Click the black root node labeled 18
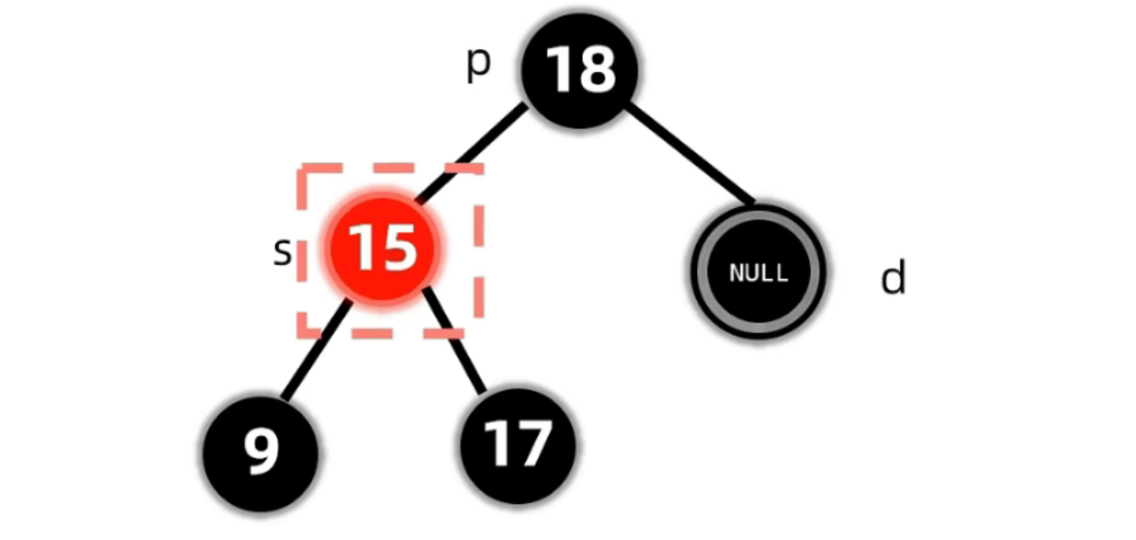tap(580, 69)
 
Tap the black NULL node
tap(758, 271)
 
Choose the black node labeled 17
tap(517, 444)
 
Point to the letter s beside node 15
tap(282, 252)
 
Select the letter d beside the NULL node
tap(893, 277)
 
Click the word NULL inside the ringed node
tap(758, 272)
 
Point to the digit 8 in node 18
tap(597, 69)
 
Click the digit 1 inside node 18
tap(559, 69)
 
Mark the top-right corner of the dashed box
tap(481, 169)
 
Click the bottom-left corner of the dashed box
tap(301, 334)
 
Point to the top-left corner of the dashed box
tap(301, 169)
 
